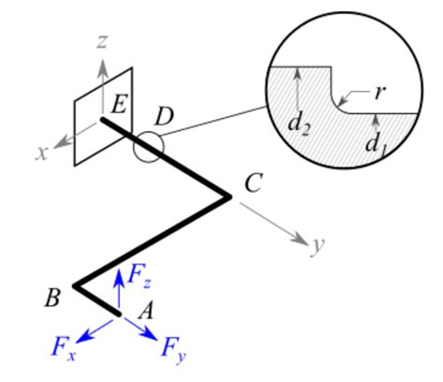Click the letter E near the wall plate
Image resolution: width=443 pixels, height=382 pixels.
pyautogui.click(x=118, y=103)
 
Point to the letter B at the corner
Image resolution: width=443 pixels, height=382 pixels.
pyautogui.click(x=53, y=298)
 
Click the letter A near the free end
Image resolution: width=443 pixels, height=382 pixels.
pyautogui.click(x=145, y=313)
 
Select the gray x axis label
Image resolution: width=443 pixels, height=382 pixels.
pyautogui.click(x=41, y=153)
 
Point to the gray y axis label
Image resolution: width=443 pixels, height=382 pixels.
pyautogui.click(x=318, y=245)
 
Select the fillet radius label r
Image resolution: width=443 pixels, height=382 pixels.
pyautogui.click(x=379, y=92)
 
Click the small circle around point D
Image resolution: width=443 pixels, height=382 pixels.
pyautogui.click(x=147, y=147)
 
